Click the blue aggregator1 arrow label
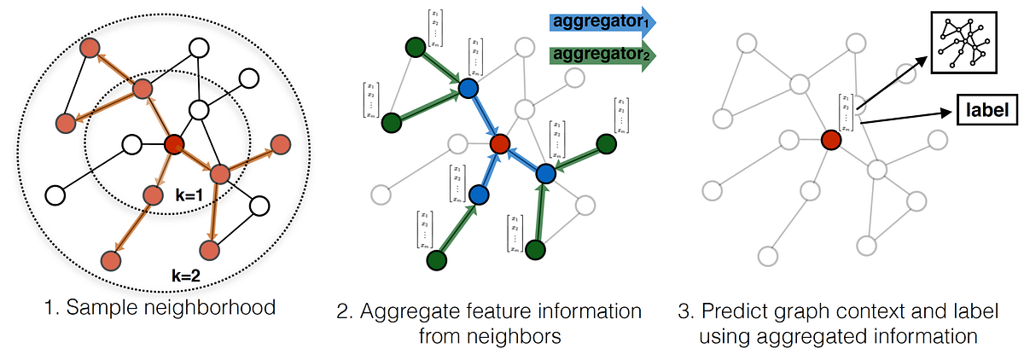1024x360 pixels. tap(600, 20)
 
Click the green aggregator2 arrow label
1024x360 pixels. tap(600, 55)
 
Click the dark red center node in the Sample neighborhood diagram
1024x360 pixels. tap(174, 144)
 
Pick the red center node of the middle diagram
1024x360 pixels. tap(500, 144)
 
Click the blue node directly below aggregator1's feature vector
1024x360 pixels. tap(468, 88)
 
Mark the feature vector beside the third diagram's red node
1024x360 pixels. tap(846, 112)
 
